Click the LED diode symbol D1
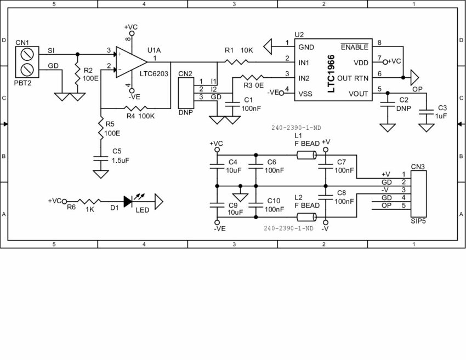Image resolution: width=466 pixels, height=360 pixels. pos(129,202)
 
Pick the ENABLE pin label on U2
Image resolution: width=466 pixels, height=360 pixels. pos(354,48)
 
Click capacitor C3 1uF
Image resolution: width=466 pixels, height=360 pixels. pos(426,112)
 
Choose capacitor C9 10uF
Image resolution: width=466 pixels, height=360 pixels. pos(217,205)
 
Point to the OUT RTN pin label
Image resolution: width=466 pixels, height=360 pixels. pos(353,78)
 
